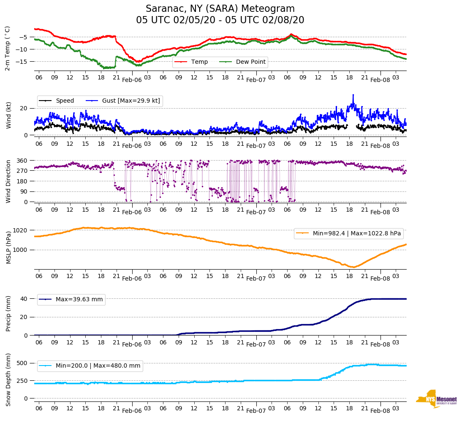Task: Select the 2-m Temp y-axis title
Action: [8, 48]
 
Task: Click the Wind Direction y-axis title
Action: [8, 181]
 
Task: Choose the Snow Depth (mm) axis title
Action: [8, 379]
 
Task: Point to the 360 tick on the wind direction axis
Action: [22, 161]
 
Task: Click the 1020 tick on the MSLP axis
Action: [21, 230]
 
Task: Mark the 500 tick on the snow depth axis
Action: [22, 363]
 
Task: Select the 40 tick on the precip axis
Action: [24, 299]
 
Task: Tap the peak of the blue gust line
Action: [353, 95]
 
